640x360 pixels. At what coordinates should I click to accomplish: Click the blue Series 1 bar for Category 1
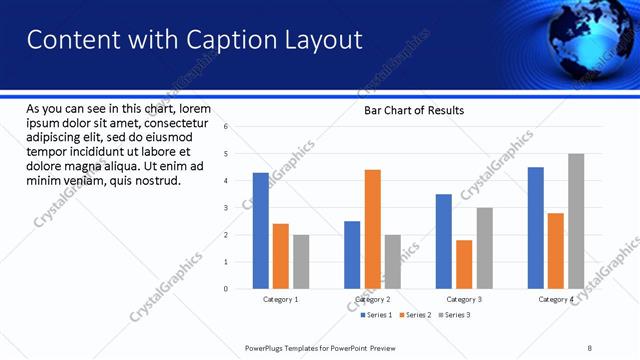[261, 231]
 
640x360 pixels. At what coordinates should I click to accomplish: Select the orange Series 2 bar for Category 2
[372, 229]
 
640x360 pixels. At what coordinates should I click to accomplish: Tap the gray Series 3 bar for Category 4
[576, 221]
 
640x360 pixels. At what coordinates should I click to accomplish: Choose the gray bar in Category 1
[301, 262]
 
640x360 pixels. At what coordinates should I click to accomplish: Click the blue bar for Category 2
[352, 255]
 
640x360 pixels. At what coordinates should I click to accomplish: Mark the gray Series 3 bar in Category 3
[484, 248]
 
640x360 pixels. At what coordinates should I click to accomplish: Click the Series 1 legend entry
[376, 315]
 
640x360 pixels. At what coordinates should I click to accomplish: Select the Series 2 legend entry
[415, 315]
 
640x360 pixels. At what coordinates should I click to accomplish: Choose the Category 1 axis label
[281, 299]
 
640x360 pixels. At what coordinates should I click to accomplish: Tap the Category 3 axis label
[464, 299]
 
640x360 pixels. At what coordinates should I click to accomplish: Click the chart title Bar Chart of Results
[413, 110]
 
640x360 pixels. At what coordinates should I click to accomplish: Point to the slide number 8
[590, 347]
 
